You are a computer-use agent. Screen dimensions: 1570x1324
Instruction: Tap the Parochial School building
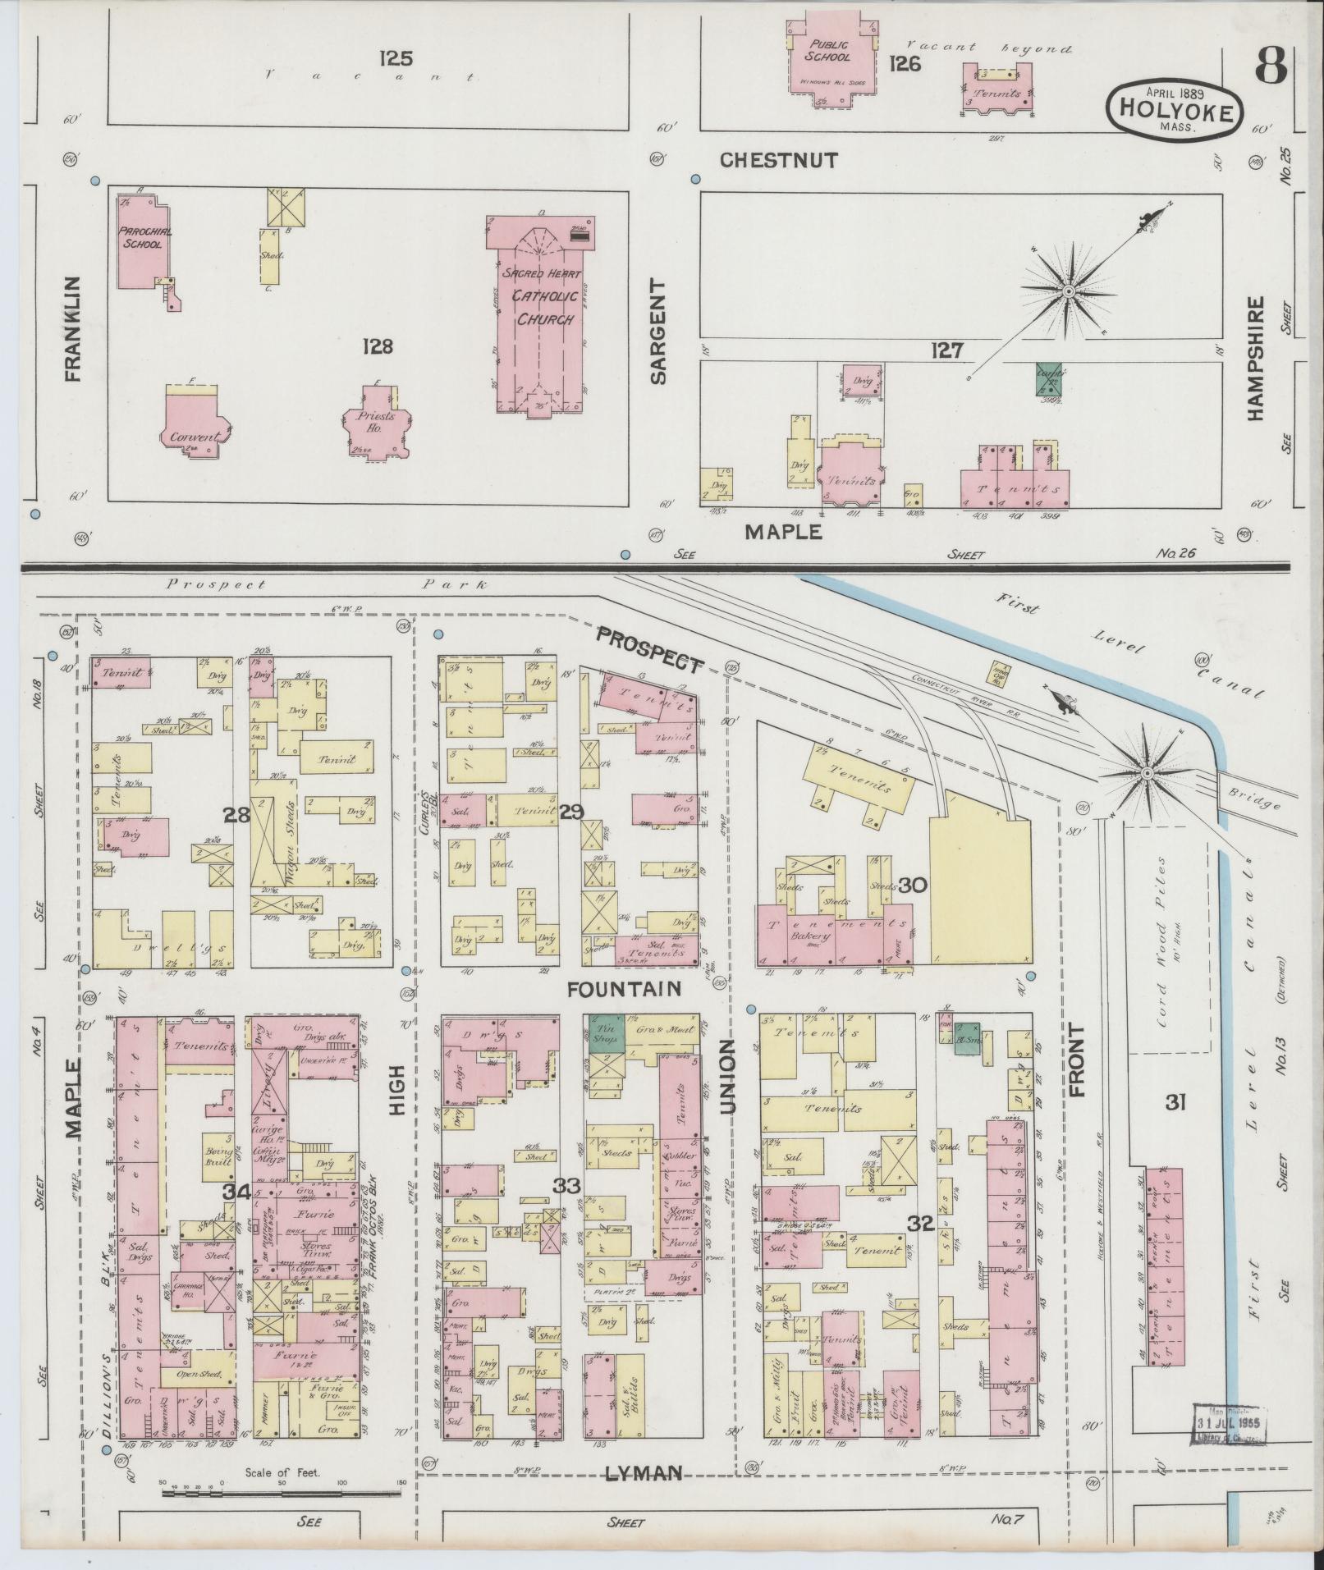point(141,240)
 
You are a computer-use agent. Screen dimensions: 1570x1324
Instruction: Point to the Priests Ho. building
point(373,419)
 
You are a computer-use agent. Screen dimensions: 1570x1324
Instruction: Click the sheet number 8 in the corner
point(1269,65)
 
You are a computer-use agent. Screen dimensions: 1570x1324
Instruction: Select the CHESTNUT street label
point(778,160)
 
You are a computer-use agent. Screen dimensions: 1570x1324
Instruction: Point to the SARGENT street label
point(659,331)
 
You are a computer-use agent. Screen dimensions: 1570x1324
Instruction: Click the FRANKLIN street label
point(73,328)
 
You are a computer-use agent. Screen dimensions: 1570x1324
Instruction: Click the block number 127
point(946,350)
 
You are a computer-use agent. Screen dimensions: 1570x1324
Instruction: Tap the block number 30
point(912,885)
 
